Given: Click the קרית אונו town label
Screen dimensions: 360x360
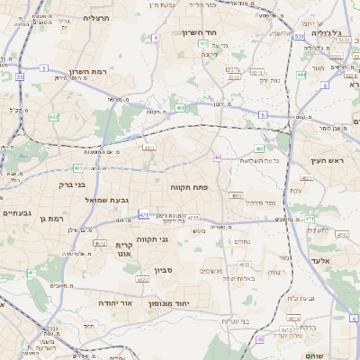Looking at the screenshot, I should [x=124, y=249].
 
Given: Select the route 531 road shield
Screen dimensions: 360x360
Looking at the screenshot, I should [x=298, y=37].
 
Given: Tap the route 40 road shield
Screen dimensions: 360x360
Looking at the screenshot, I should [x=218, y=157].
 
